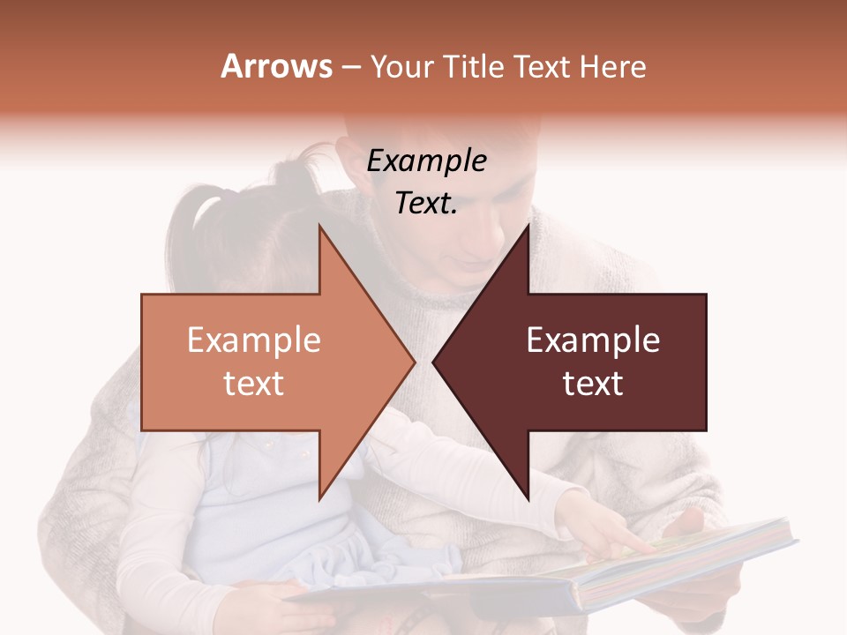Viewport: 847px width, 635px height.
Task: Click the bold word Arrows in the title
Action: click(276, 66)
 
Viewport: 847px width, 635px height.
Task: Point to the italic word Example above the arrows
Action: click(426, 161)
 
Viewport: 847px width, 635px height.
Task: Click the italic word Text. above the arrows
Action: click(426, 204)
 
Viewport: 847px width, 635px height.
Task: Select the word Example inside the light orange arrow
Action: click(253, 340)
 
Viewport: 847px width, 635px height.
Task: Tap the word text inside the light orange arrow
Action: click(253, 384)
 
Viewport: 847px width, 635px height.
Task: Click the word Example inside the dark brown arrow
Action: click(593, 340)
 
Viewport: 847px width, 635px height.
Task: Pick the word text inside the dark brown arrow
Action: click(593, 384)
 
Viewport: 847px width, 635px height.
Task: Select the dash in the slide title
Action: click(349, 67)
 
